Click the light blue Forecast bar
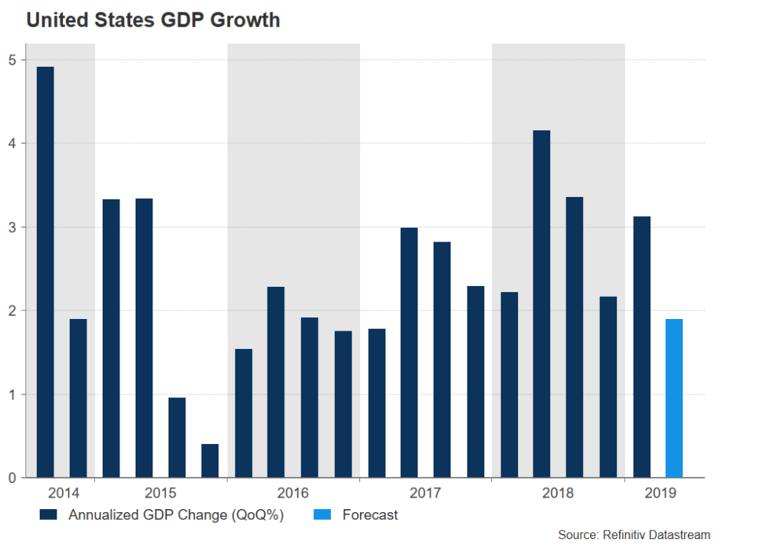[x=673, y=398]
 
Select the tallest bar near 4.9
[x=45, y=272]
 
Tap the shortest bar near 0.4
[x=210, y=461]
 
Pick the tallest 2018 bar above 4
[x=542, y=304]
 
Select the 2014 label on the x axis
[x=61, y=492]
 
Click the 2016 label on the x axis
[x=293, y=492]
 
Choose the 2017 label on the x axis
[x=425, y=492]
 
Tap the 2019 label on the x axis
[x=660, y=492]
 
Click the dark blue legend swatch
[x=49, y=515]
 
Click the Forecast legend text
[x=369, y=515]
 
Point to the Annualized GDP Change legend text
[x=175, y=515]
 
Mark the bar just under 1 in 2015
[x=177, y=438]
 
